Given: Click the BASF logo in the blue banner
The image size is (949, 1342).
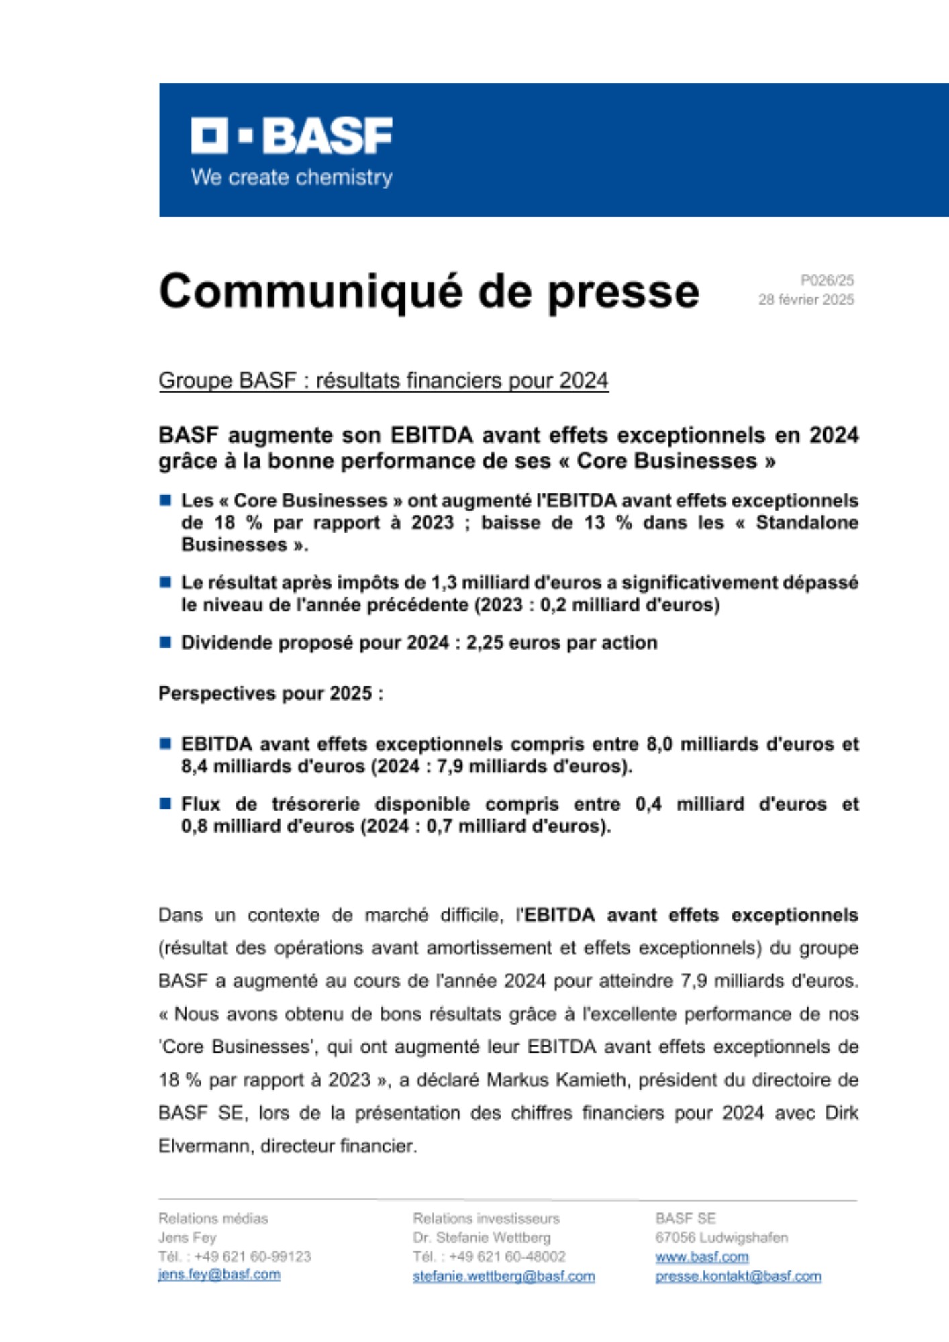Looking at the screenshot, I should (291, 136).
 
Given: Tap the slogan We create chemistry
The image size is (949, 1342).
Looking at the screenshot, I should (291, 178).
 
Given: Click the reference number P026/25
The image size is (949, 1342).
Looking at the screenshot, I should (826, 280).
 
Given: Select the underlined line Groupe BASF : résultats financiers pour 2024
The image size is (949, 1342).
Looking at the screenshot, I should (383, 380).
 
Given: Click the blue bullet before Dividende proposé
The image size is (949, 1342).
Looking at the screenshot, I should (165, 642).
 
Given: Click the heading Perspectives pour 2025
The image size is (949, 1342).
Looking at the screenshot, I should (270, 693).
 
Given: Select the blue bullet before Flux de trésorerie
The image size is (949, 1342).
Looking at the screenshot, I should (165, 804).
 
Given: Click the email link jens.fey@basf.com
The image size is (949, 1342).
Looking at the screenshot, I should (219, 1274).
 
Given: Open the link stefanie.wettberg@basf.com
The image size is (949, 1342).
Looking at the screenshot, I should (503, 1276).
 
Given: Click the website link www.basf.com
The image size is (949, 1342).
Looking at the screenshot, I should (701, 1257).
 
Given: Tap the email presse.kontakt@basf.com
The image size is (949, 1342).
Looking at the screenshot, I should (738, 1276).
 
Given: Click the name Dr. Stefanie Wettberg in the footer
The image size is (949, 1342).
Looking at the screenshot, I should (481, 1237).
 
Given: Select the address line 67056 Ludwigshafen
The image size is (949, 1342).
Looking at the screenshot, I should (721, 1237).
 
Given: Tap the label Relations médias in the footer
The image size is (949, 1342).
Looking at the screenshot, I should (213, 1219).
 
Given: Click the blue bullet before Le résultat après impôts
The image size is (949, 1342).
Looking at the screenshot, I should (165, 582).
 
